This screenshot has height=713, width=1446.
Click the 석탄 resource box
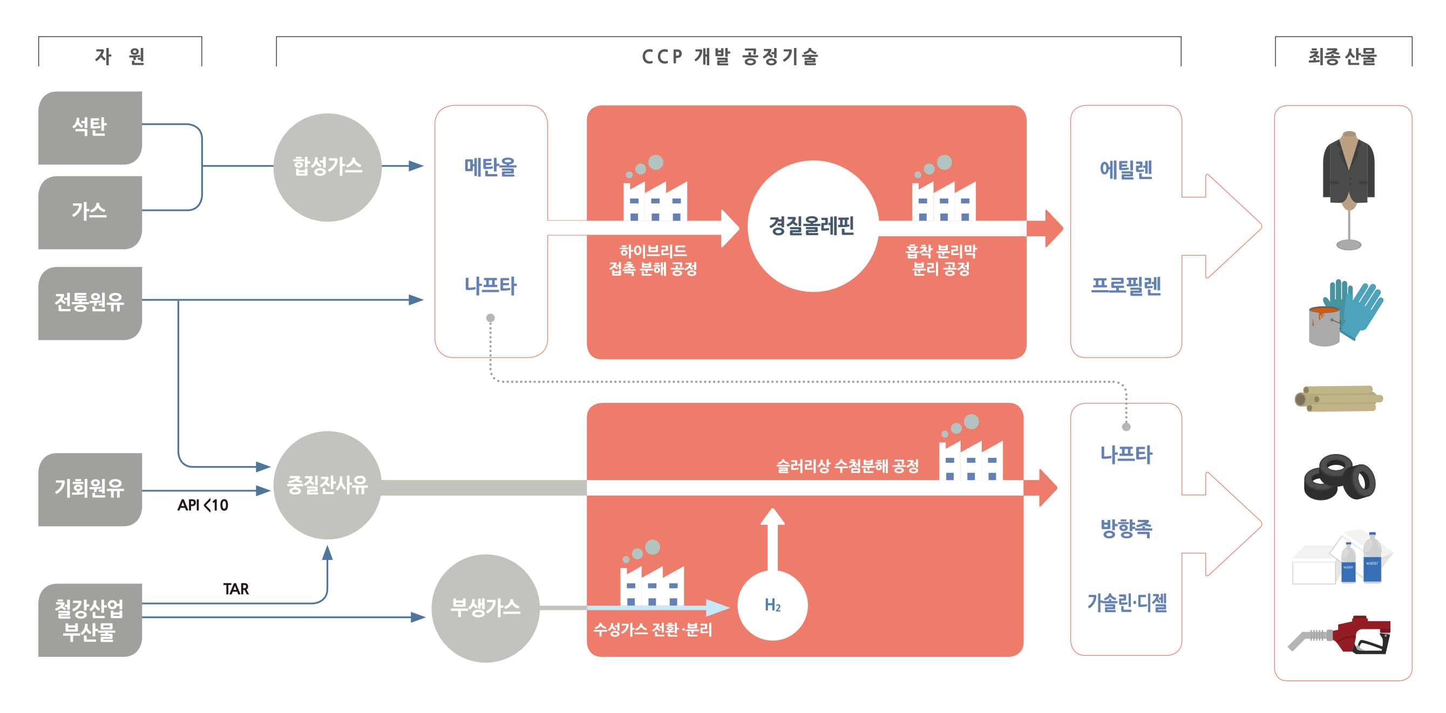tap(90, 127)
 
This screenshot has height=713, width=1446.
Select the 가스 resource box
tap(90, 212)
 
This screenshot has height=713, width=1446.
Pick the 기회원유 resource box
tap(90, 489)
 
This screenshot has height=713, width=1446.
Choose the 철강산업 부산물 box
tap(90, 620)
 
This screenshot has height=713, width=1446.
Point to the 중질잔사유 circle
tap(327, 485)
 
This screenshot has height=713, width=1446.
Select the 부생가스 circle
tap(486, 608)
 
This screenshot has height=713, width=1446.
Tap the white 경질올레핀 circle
tap(812, 226)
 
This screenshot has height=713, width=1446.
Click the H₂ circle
tap(772, 605)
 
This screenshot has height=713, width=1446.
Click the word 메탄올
tap(490, 167)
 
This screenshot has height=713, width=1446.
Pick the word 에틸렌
tap(1125, 169)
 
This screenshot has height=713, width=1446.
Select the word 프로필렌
tap(1125, 286)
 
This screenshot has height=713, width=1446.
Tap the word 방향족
tap(1125, 529)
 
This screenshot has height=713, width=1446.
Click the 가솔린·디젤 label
tap(1126, 603)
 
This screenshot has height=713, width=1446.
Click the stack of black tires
tap(1339, 478)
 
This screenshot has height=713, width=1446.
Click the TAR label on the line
tap(236, 589)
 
